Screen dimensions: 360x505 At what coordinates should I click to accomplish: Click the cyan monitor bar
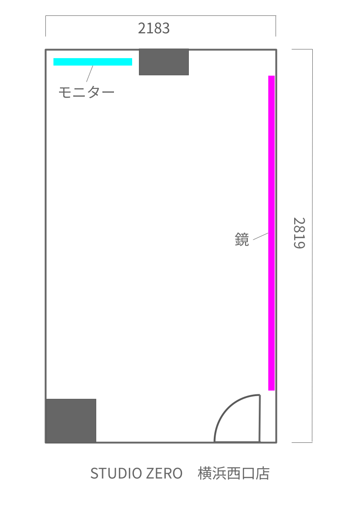point(93,62)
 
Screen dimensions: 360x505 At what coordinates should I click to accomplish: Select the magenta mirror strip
point(271,233)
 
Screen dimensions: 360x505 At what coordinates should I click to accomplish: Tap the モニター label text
point(86,93)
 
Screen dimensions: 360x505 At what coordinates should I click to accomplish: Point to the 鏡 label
point(242,240)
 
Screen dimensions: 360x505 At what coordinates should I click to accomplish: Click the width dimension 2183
point(154,28)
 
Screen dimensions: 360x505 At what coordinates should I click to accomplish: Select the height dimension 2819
point(299,233)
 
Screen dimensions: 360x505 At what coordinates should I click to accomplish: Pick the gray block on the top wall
point(164,62)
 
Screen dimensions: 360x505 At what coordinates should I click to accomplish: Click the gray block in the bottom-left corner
point(71,421)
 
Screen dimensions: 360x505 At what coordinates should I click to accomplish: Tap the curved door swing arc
point(227,407)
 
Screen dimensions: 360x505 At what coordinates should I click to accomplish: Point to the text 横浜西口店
point(234,473)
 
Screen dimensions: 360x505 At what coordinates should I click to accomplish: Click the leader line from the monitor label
point(89,74)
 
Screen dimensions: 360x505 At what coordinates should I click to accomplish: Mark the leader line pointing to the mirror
point(261,236)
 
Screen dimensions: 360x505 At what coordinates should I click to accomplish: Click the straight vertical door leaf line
point(260,418)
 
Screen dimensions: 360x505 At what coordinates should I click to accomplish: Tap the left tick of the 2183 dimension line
point(45,26)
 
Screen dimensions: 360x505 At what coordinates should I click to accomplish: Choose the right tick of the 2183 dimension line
point(276,26)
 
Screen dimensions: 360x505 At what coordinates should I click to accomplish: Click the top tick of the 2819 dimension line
point(302,49)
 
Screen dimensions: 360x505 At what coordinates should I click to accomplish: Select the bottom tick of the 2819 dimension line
point(302,442)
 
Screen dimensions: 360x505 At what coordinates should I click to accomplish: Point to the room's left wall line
point(46,246)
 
